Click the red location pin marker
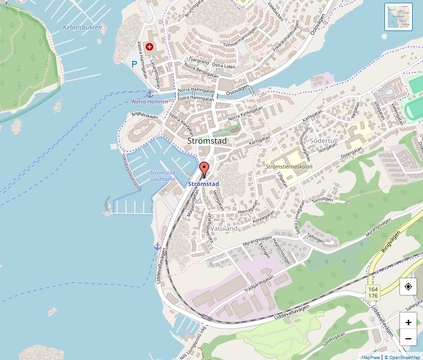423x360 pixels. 204,169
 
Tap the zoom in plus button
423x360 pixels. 408,322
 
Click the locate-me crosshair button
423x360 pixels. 408,287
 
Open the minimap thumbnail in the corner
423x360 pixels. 399,17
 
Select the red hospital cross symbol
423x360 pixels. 149,47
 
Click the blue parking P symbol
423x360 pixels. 134,64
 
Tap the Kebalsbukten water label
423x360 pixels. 83,27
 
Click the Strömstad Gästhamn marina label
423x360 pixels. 163,176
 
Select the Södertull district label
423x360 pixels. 324,141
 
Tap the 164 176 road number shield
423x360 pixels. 372,293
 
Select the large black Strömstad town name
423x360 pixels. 207,141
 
